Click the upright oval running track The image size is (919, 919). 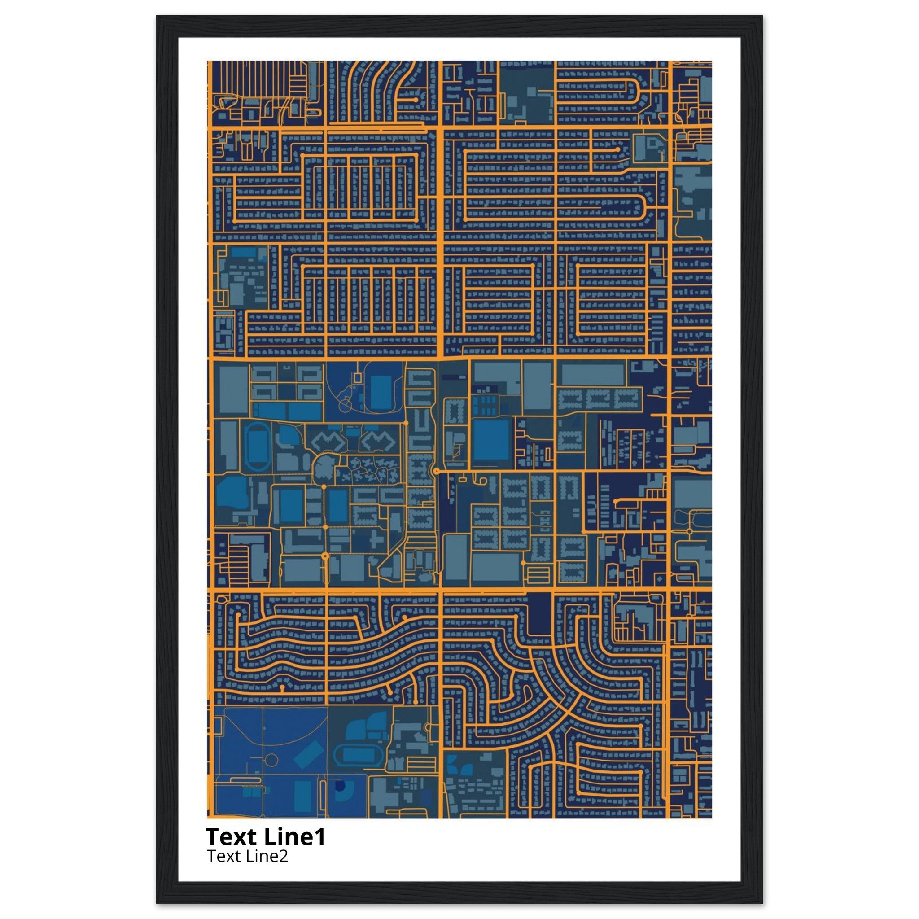tap(255, 446)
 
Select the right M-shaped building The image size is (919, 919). tap(378, 442)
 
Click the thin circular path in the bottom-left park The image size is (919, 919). tap(271, 760)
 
